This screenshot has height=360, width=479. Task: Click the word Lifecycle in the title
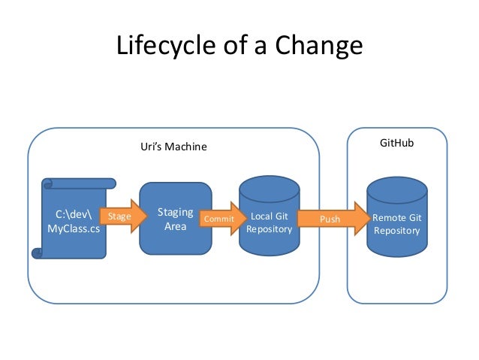click(166, 45)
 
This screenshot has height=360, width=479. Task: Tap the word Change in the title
click(318, 45)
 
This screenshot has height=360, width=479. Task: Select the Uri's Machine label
click(173, 147)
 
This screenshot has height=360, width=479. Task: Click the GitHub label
click(397, 143)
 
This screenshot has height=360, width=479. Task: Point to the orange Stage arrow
click(124, 216)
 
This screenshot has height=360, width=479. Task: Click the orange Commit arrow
click(223, 219)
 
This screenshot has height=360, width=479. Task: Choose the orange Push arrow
click(334, 219)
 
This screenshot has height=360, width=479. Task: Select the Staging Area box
click(176, 219)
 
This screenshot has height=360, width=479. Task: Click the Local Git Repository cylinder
click(269, 216)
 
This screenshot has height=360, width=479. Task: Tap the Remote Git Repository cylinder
click(397, 216)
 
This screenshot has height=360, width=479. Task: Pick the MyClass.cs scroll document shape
click(74, 219)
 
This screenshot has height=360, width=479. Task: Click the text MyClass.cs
click(74, 228)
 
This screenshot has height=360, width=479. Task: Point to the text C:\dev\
click(74, 214)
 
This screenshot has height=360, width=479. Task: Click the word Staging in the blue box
click(176, 212)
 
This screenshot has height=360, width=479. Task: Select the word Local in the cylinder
click(261, 216)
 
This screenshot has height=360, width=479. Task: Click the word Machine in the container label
click(185, 147)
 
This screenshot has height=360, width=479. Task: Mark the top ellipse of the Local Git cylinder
click(269, 189)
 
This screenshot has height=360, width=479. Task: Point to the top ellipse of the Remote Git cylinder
click(397, 190)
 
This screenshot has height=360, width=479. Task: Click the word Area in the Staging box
click(176, 227)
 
